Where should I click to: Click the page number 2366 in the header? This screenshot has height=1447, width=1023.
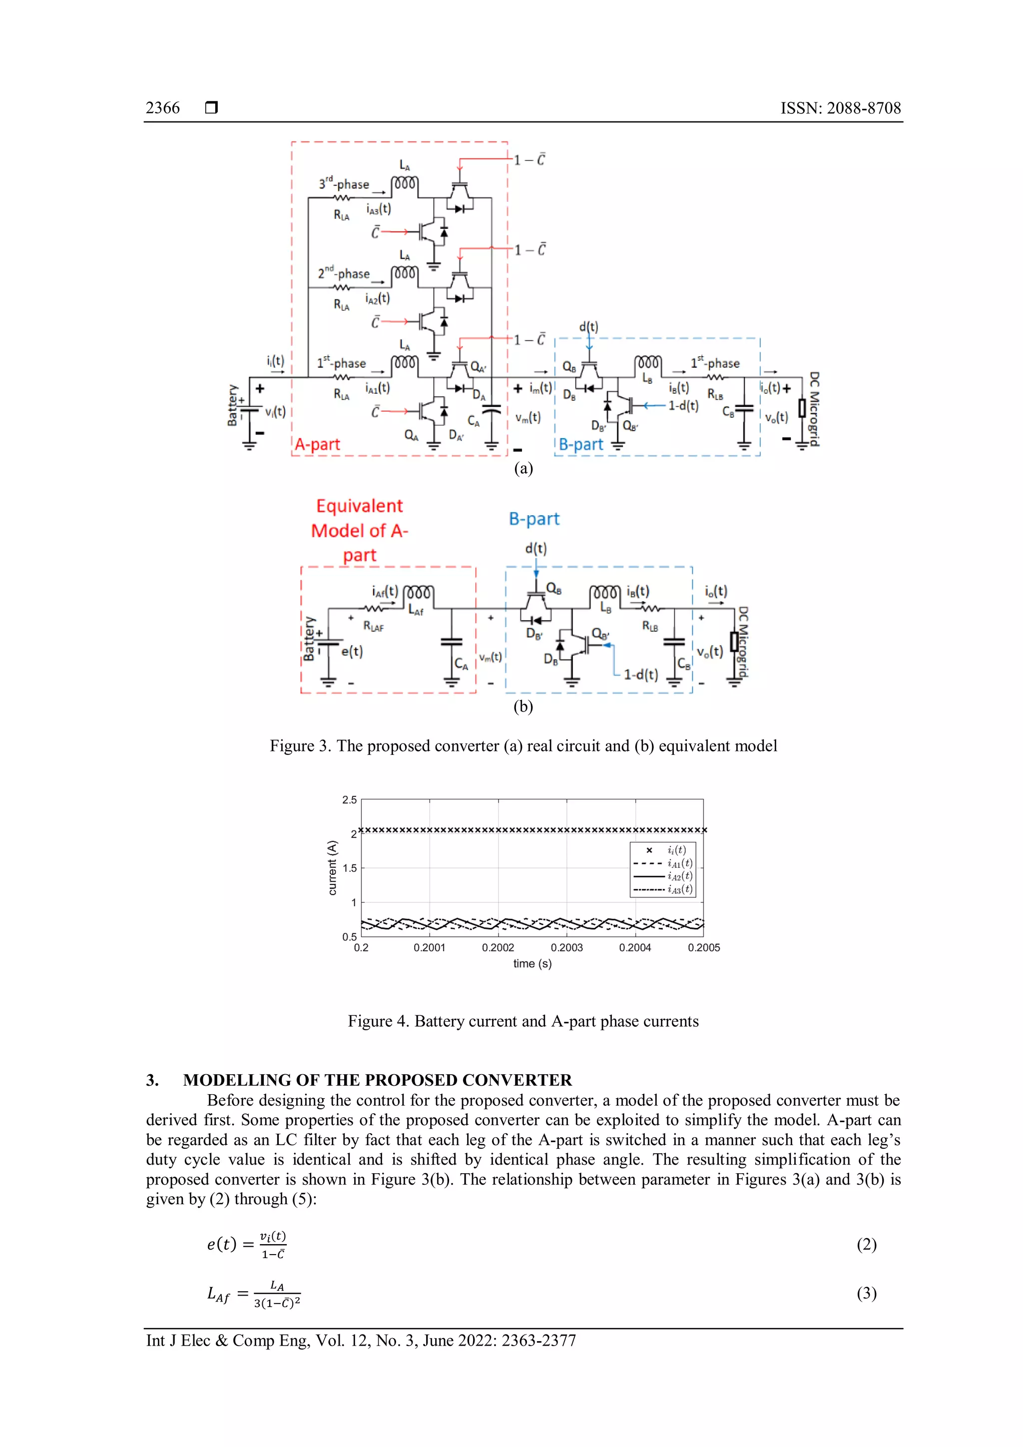pyautogui.click(x=162, y=108)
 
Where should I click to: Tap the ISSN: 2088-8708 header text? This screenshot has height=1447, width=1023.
pyautogui.click(x=840, y=108)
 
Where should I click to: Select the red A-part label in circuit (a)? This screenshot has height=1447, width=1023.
pyautogui.click(x=318, y=444)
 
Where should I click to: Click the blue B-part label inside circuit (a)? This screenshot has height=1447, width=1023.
pyautogui.click(x=581, y=444)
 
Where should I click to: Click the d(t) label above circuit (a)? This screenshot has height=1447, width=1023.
pyautogui.click(x=588, y=326)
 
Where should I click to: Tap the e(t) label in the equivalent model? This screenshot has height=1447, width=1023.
pyautogui.click(x=352, y=651)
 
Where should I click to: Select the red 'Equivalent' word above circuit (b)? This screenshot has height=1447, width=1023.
pyautogui.click(x=359, y=506)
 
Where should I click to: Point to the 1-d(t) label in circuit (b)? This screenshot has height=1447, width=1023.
pyautogui.click(x=641, y=675)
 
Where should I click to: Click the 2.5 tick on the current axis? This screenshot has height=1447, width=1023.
pyautogui.click(x=349, y=800)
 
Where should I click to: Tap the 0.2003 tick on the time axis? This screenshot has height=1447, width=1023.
pyautogui.click(x=566, y=947)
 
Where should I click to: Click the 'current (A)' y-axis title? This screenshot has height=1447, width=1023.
pyautogui.click(x=333, y=868)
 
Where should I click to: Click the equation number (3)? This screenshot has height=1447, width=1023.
pyautogui.click(x=866, y=1293)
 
